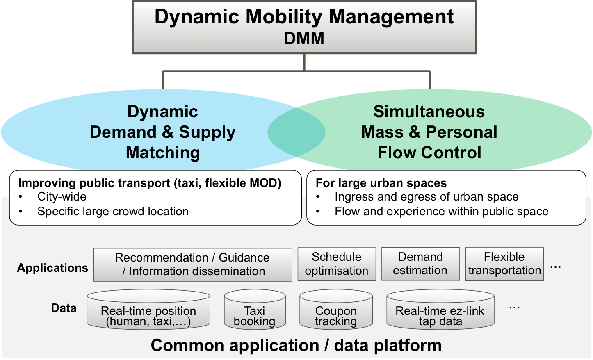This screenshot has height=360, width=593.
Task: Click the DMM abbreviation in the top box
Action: [x=304, y=39]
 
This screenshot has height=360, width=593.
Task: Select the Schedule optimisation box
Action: [x=337, y=264]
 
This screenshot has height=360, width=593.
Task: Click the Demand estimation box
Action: [x=420, y=264]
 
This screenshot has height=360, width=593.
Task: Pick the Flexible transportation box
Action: [x=504, y=264]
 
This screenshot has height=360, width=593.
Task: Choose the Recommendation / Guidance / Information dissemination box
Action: [x=192, y=265]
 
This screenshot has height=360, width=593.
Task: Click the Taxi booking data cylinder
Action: [x=255, y=310]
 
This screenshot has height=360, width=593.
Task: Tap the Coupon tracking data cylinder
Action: [x=336, y=310]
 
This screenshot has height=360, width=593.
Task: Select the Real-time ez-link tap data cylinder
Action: [x=440, y=310]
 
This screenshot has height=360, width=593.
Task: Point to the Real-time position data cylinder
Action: [x=148, y=310]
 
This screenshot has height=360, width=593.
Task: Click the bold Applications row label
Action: [x=52, y=268]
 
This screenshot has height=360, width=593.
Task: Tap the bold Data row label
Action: [x=64, y=308]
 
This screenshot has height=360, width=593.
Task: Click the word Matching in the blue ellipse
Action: [x=163, y=153]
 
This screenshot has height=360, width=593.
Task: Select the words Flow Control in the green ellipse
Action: [x=429, y=153]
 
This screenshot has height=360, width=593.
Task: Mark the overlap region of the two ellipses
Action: [x=296, y=132]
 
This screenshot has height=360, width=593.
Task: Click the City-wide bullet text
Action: [x=62, y=197]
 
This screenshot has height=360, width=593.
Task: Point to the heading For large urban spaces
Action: [x=381, y=183]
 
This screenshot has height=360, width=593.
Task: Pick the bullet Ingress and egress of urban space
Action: [x=427, y=197]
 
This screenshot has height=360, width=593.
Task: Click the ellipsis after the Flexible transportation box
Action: [x=555, y=267]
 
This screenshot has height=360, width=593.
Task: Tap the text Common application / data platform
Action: [x=296, y=345]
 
